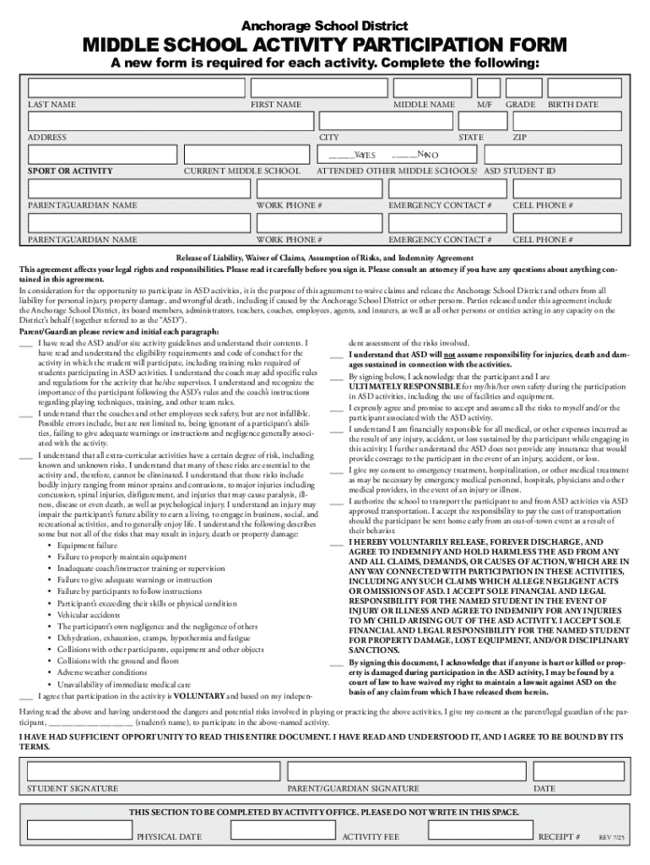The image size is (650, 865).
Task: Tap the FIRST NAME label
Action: [x=275, y=105]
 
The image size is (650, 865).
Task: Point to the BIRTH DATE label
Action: [x=573, y=105]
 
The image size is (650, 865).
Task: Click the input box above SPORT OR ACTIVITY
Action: [x=101, y=155]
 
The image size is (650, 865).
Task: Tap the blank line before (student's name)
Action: [x=89, y=723]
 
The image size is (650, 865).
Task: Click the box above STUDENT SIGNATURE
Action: [x=152, y=771]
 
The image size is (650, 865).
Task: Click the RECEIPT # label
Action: [x=558, y=836]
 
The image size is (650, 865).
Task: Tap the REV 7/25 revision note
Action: [x=611, y=837]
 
